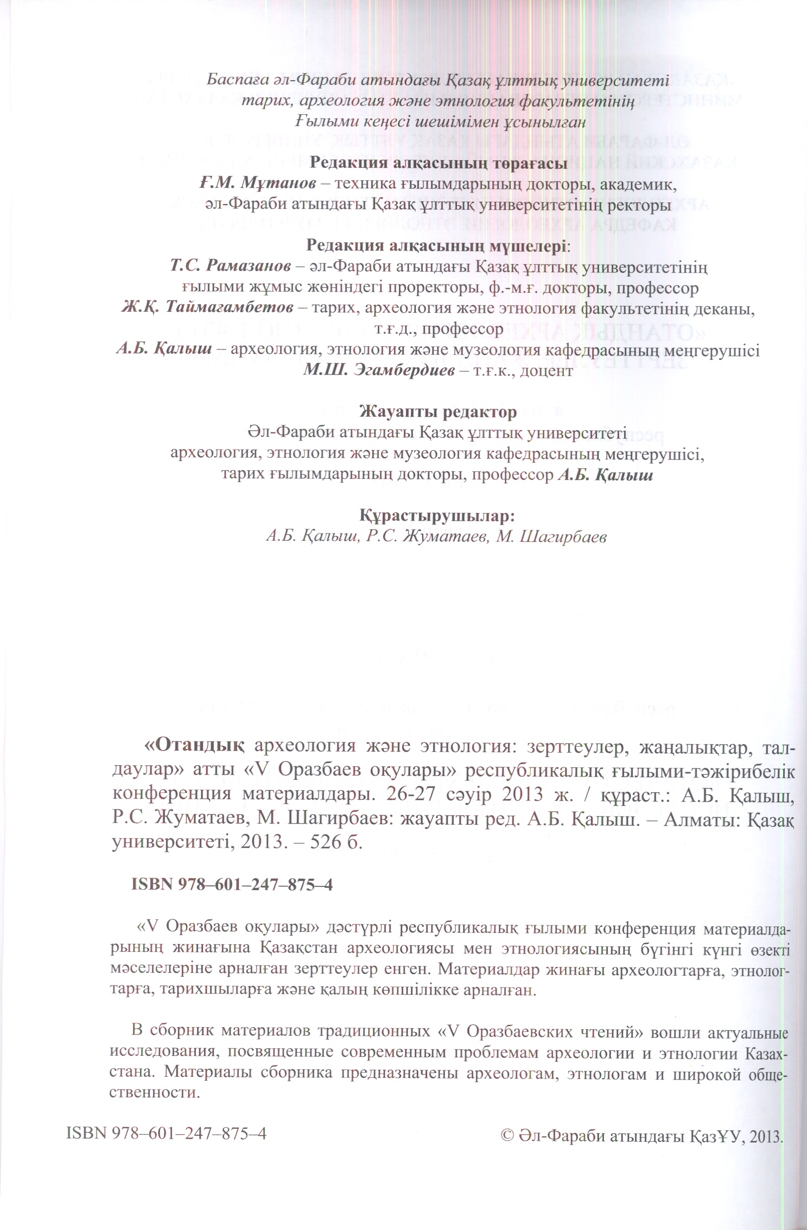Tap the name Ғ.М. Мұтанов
tap(258, 184)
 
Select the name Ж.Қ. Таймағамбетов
tap(207, 309)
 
